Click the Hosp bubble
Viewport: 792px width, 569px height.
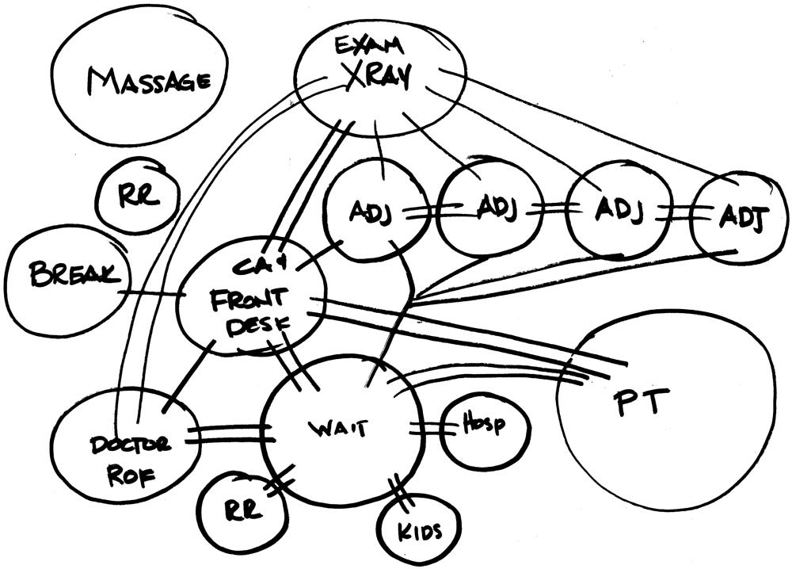point(484,429)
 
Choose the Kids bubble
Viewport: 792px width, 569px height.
point(418,529)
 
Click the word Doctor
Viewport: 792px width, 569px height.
point(127,445)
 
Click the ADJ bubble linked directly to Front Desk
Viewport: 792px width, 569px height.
point(372,212)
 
